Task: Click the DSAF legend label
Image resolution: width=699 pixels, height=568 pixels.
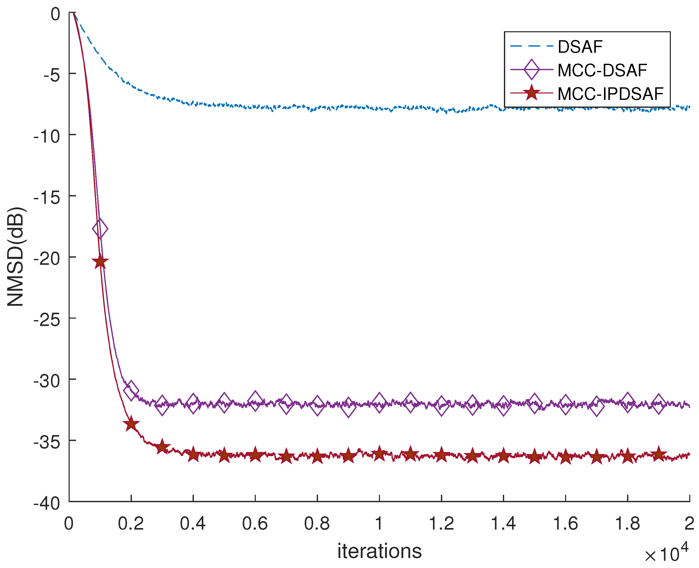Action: click(580, 47)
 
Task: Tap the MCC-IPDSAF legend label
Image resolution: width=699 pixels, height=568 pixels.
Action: click(610, 94)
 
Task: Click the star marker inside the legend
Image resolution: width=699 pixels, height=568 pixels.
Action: click(532, 93)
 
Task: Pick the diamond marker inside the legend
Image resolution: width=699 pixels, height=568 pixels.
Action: click(532, 69)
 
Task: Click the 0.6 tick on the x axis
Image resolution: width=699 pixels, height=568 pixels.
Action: click(255, 523)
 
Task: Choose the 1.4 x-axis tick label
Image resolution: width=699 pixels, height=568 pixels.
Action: click(503, 523)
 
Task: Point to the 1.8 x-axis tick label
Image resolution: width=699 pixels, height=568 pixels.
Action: click(627, 523)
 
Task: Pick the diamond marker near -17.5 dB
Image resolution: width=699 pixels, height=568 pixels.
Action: click(100, 228)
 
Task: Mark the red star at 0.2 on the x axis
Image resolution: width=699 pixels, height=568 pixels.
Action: click(131, 424)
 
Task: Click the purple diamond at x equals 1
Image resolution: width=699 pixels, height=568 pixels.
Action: click(379, 403)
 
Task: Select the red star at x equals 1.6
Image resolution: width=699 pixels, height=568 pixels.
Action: click(566, 456)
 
